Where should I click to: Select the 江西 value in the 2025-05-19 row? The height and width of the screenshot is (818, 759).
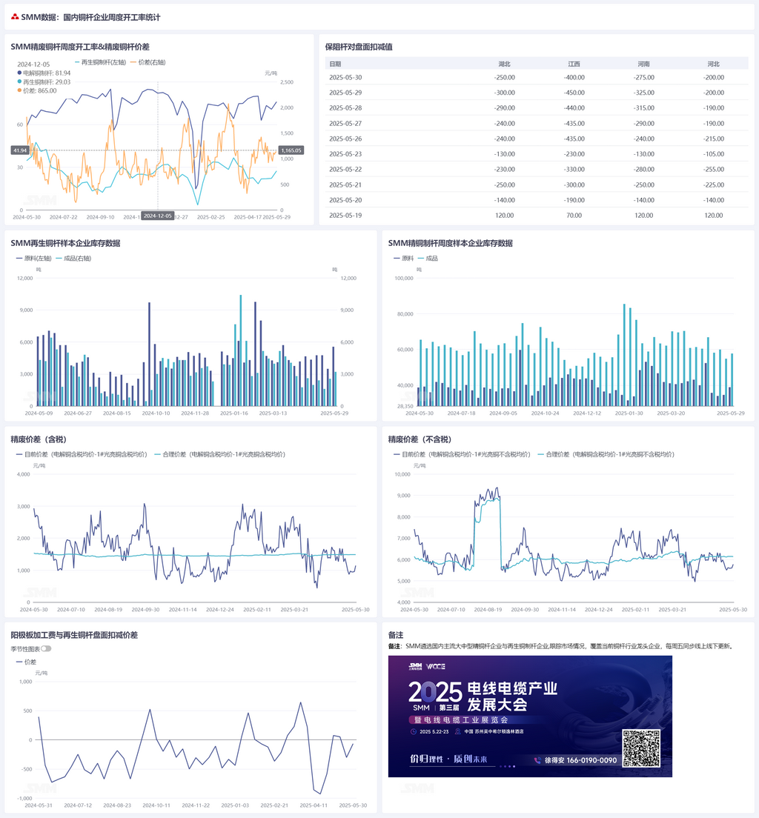(574, 215)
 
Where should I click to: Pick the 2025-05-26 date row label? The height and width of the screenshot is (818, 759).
(345, 139)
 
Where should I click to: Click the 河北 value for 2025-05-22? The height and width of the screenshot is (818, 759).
(713, 169)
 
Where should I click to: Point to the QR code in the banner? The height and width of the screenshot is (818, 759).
(640, 748)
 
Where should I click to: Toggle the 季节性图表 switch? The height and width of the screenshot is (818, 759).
(46, 648)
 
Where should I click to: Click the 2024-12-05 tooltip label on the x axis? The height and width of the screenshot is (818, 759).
(157, 216)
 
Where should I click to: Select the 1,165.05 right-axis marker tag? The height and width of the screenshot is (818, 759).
(291, 150)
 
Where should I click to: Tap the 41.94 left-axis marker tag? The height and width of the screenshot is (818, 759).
(20, 150)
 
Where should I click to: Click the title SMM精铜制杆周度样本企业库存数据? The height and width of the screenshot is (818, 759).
(450, 243)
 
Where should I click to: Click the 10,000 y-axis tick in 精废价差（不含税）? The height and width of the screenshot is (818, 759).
(400, 474)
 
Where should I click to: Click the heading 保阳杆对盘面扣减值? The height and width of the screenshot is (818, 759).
(358, 47)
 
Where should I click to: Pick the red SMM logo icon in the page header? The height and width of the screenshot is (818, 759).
(15, 16)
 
